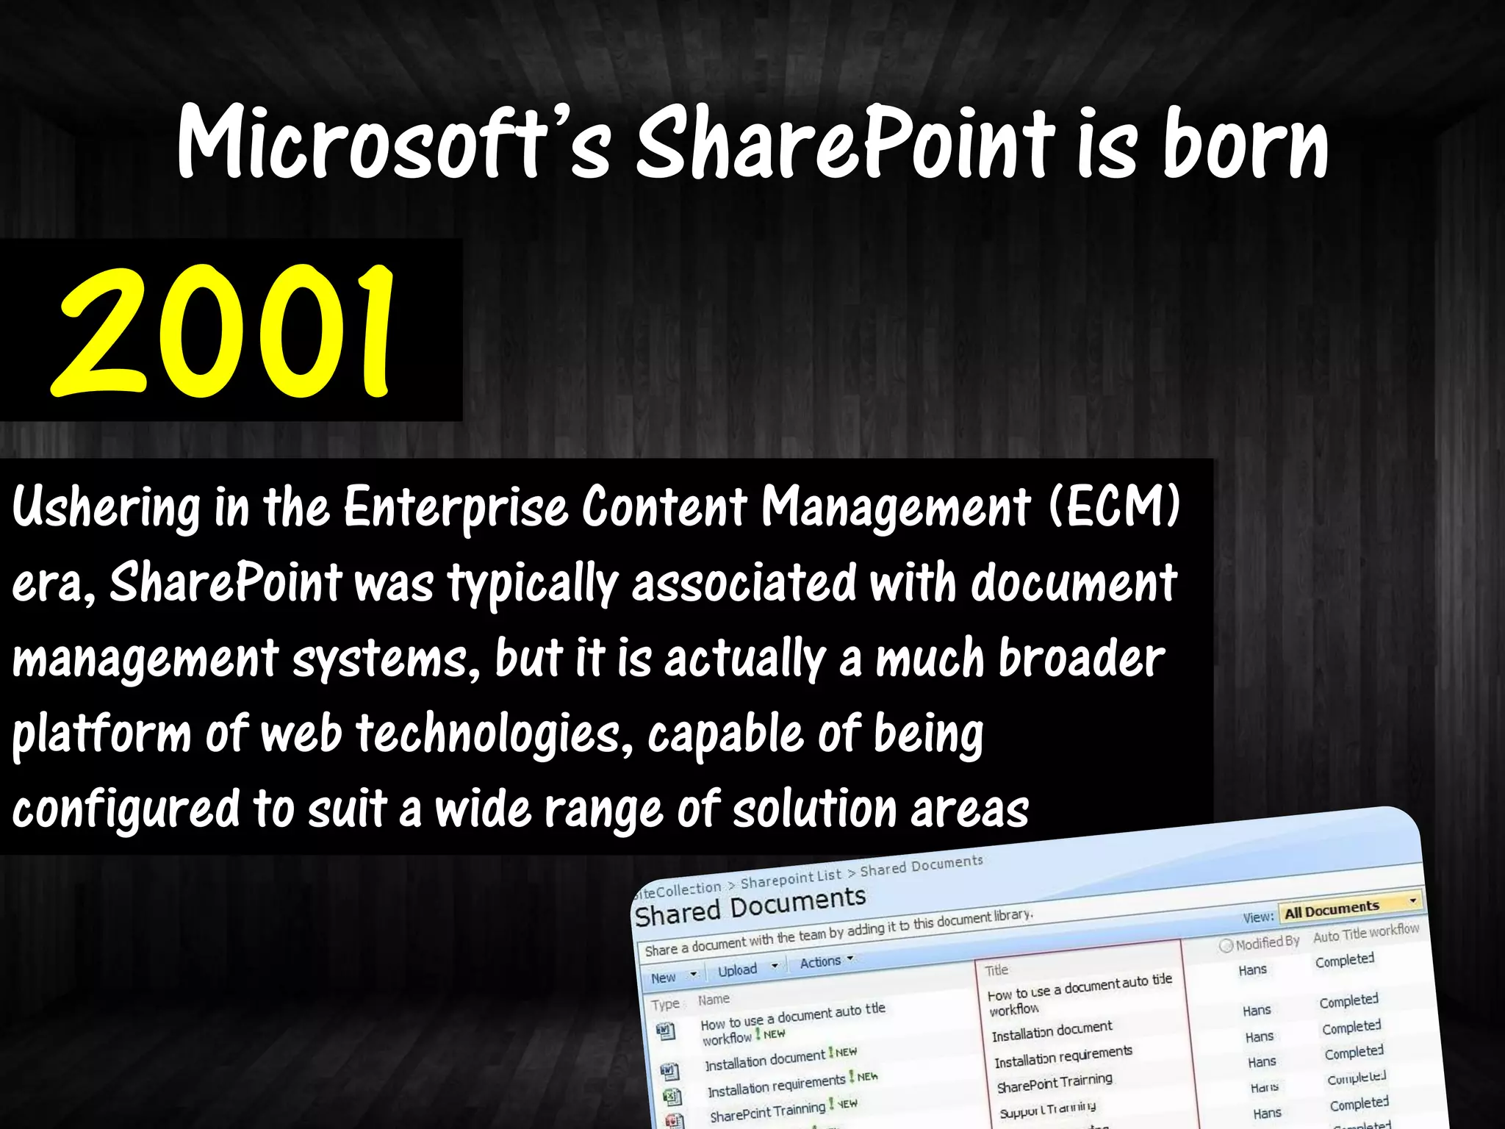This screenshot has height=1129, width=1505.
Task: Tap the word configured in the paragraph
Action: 126,809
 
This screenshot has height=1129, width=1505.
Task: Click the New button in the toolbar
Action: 664,978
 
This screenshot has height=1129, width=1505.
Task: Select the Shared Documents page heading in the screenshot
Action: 750,906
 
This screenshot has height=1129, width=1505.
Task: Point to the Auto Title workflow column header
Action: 1365,933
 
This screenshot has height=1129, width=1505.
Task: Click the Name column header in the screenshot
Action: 714,999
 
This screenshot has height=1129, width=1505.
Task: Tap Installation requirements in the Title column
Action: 1063,1057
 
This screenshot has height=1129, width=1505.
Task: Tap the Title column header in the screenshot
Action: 996,970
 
